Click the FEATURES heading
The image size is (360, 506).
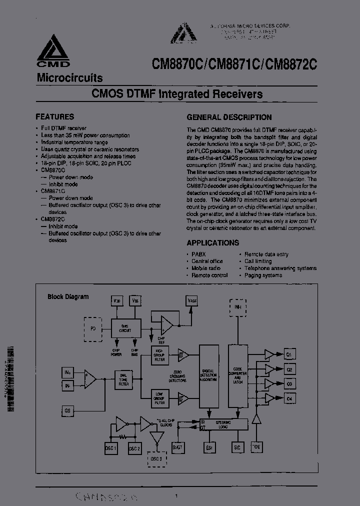(54, 116)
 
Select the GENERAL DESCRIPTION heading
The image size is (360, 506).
(229, 117)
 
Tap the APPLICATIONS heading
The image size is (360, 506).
(212, 243)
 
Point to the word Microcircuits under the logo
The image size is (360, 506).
(69, 78)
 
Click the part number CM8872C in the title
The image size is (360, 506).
(292, 64)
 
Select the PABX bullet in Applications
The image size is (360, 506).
(198, 254)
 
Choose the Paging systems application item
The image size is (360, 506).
(263, 275)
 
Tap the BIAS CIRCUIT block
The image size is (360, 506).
(125, 328)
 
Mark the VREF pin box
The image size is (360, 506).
(192, 301)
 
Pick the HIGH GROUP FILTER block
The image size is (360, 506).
(159, 355)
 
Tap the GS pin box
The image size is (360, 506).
(68, 410)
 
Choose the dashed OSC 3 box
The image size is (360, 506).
(156, 459)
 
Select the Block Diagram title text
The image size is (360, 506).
(68, 296)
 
